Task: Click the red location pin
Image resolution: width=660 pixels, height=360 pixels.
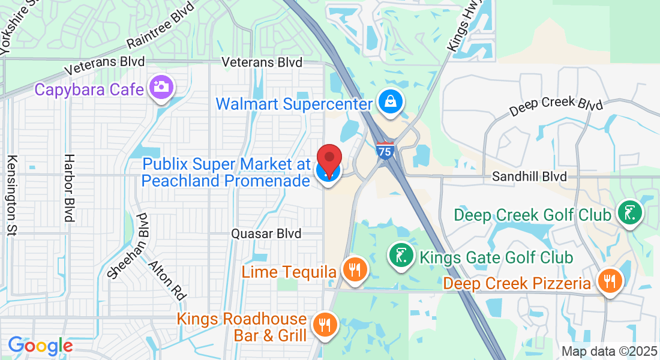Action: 329,160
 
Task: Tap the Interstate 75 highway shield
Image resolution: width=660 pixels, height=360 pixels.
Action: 386,150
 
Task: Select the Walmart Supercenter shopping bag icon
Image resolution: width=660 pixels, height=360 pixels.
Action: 391,101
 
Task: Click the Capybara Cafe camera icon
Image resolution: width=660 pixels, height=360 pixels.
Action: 160,87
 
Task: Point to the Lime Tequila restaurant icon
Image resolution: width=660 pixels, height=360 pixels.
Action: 355,269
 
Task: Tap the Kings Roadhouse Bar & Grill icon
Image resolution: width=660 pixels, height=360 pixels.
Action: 325,325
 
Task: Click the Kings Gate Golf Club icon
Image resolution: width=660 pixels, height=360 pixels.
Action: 401,254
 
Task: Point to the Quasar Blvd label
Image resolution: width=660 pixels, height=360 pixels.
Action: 266,233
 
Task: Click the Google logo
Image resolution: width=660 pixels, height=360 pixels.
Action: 40,346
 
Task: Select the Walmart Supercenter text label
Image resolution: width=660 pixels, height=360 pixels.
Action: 294,104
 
